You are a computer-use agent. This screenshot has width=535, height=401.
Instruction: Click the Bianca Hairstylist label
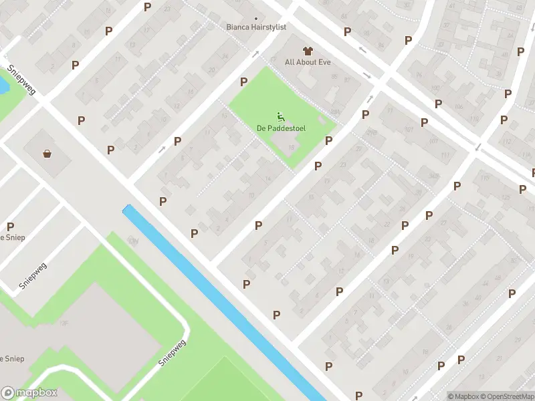(256, 27)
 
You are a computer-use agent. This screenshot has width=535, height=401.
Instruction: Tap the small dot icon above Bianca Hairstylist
(256, 18)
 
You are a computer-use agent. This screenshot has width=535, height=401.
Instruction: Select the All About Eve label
(308, 62)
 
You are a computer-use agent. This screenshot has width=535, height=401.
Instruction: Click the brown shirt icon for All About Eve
(308, 51)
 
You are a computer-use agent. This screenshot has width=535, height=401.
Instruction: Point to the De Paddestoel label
(279, 128)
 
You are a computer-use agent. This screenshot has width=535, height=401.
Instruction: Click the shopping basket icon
(47, 154)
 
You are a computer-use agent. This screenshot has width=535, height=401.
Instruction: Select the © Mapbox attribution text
(463, 396)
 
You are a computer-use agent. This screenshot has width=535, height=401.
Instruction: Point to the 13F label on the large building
(65, 323)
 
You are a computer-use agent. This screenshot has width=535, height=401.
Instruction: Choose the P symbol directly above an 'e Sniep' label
(10, 227)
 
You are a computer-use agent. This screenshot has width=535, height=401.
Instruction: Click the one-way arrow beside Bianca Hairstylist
(255, 55)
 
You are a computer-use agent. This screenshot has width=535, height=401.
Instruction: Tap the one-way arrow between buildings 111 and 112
(477, 147)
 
